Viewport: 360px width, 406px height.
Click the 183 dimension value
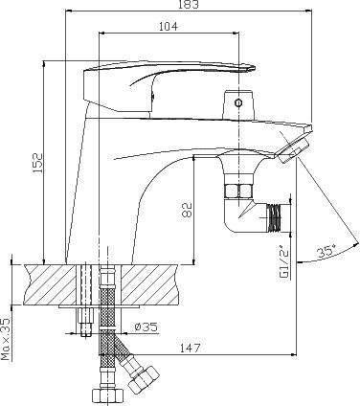coord(189,4)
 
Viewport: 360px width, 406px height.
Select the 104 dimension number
coord(169,26)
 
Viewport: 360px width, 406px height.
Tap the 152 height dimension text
coord(37,163)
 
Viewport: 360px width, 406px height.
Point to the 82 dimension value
coord(187,210)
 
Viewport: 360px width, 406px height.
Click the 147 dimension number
coord(190,348)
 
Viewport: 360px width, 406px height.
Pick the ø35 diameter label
coord(146,327)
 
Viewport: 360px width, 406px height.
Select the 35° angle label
coord(326,253)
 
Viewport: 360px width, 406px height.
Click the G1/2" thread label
coord(283,262)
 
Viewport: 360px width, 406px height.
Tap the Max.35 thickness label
coord(6,339)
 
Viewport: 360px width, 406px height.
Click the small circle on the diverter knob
coord(238,102)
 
